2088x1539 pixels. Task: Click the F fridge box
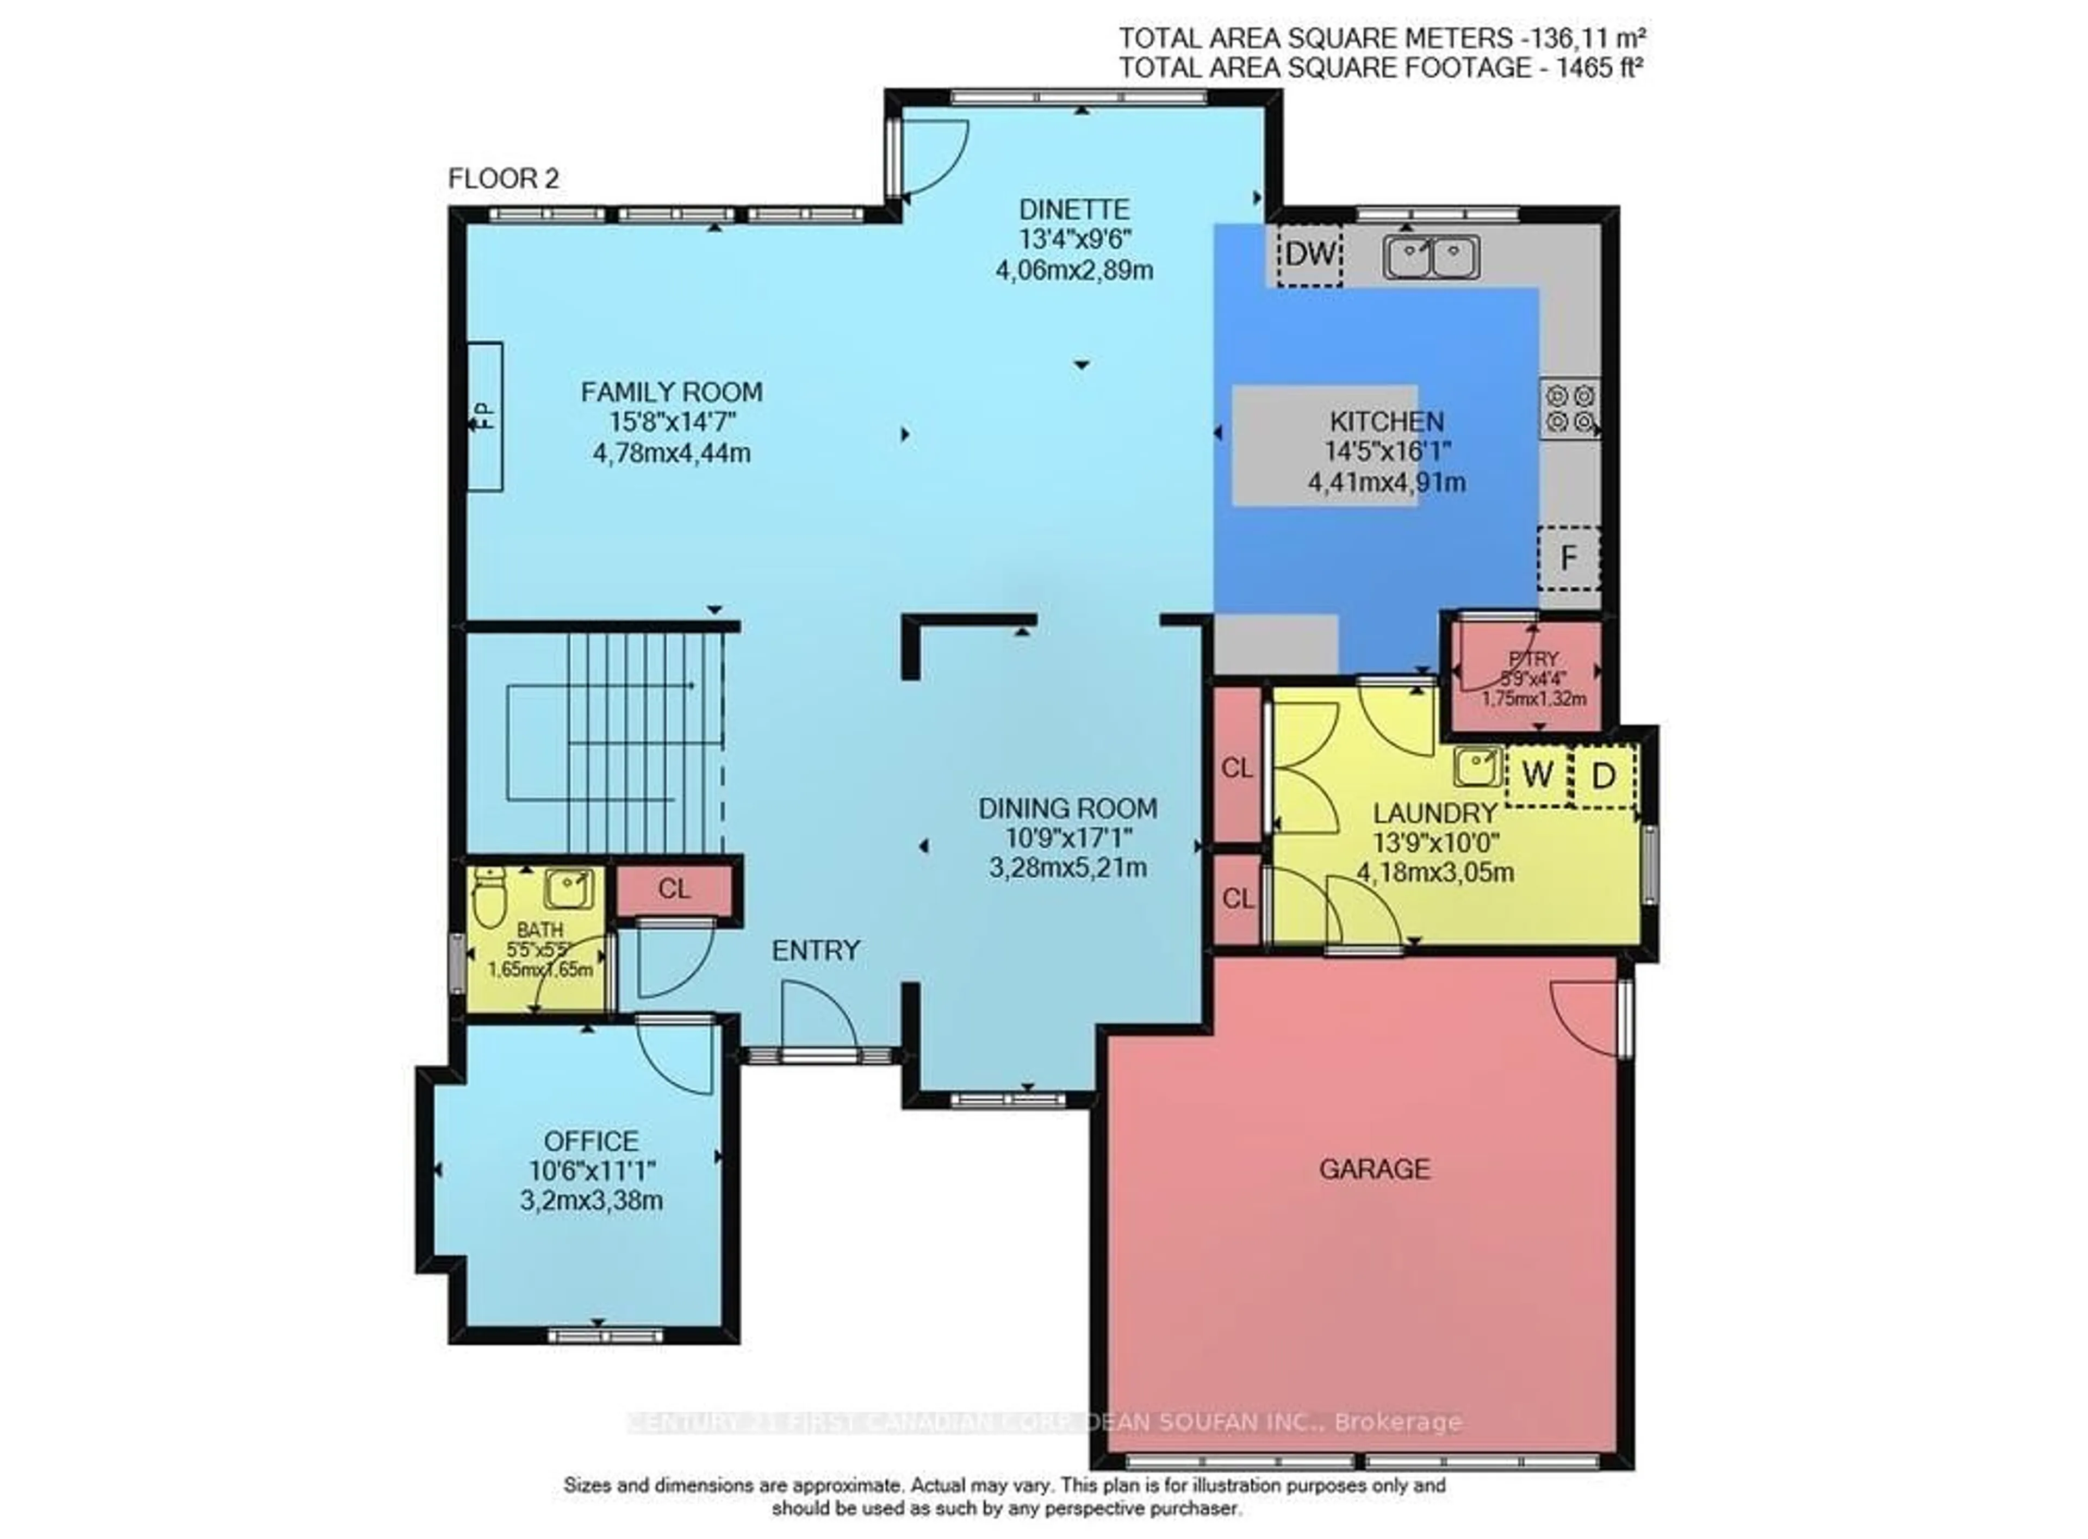[1568, 558]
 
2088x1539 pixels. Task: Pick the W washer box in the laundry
[1537, 775]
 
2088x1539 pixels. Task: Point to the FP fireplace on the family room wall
[484, 417]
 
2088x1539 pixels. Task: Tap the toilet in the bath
[488, 897]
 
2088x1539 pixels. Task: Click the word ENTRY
[816, 950]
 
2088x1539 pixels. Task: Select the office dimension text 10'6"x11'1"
[592, 1171]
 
